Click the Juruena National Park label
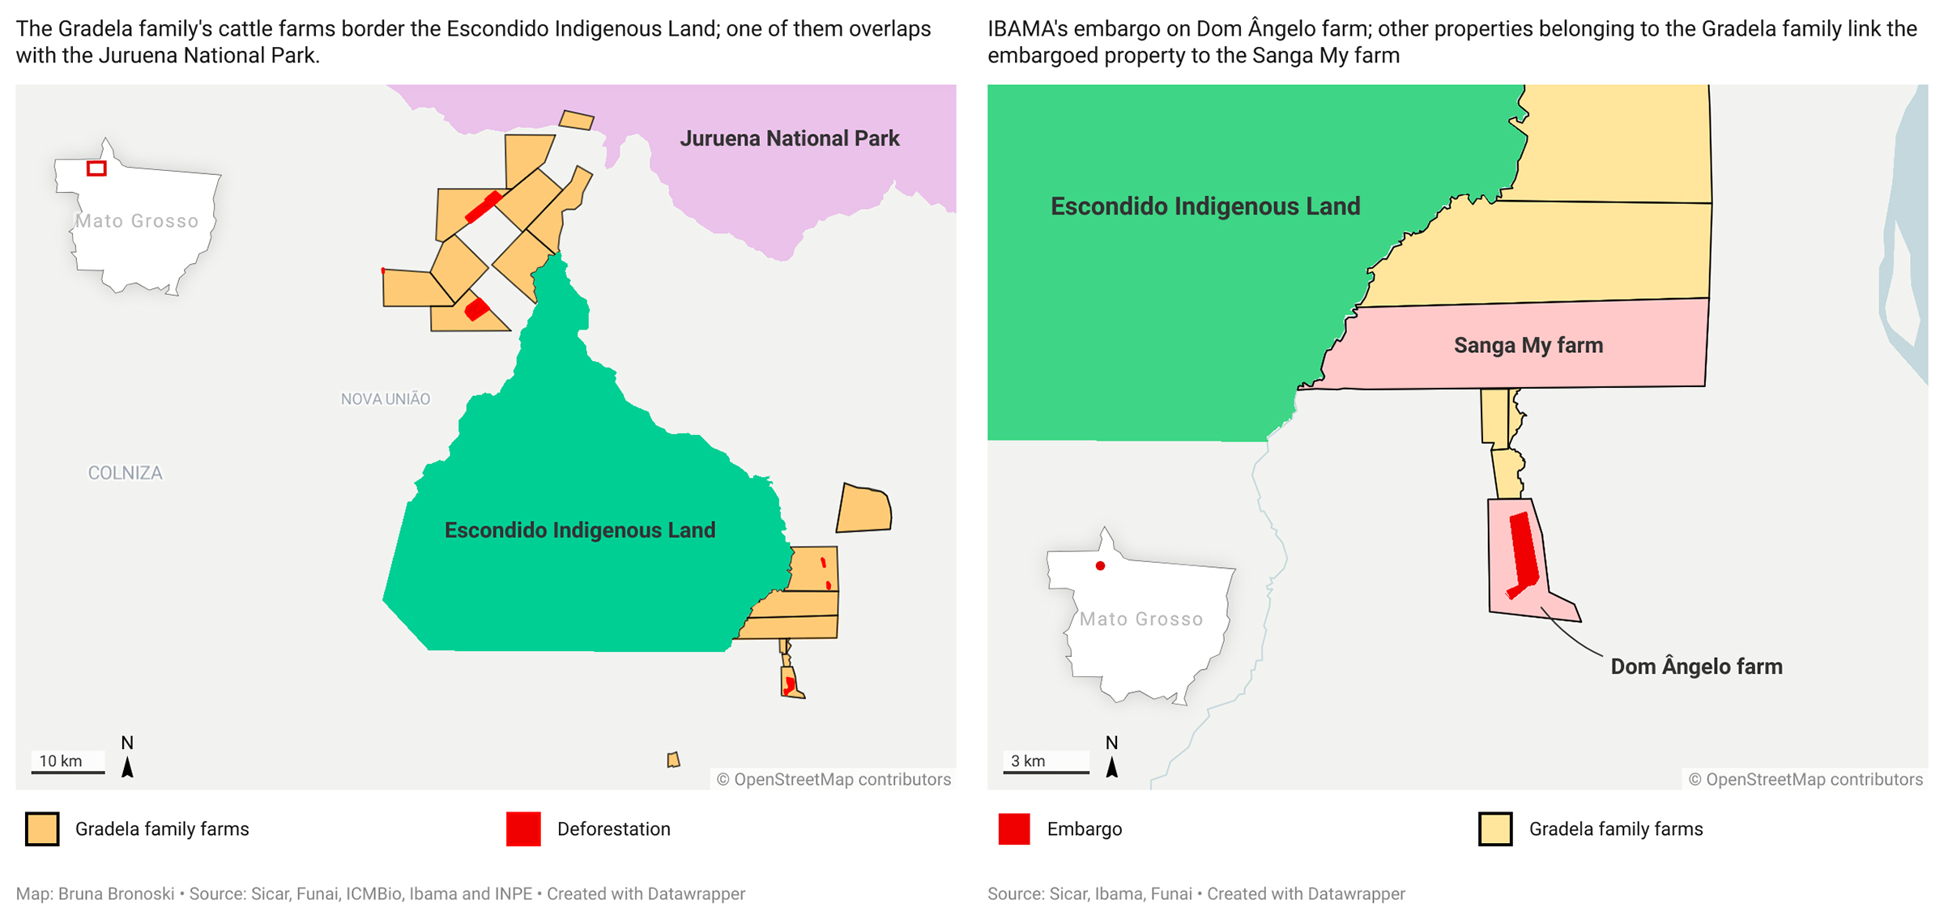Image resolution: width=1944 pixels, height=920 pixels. tap(789, 138)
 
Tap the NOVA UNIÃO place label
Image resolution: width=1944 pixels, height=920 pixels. tap(386, 398)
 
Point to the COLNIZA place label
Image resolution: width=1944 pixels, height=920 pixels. tap(125, 473)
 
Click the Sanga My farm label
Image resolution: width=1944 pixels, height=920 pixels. tap(1528, 345)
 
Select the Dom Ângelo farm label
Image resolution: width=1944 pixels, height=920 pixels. tap(1696, 667)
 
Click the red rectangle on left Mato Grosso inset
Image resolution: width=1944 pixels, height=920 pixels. tap(97, 168)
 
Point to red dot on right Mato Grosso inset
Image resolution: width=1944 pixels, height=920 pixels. tap(1100, 566)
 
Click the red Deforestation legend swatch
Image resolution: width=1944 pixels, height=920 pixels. tap(523, 829)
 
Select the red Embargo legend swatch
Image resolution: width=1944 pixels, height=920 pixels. tap(1014, 829)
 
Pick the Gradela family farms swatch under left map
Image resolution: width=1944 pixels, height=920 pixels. tap(42, 829)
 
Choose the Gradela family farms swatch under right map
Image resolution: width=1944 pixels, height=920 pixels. tap(1495, 829)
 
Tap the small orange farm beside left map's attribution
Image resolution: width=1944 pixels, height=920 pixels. tap(673, 760)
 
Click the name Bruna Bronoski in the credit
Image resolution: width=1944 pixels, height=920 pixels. tap(116, 894)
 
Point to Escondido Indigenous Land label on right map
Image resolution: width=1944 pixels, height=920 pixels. tap(1205, 207)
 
